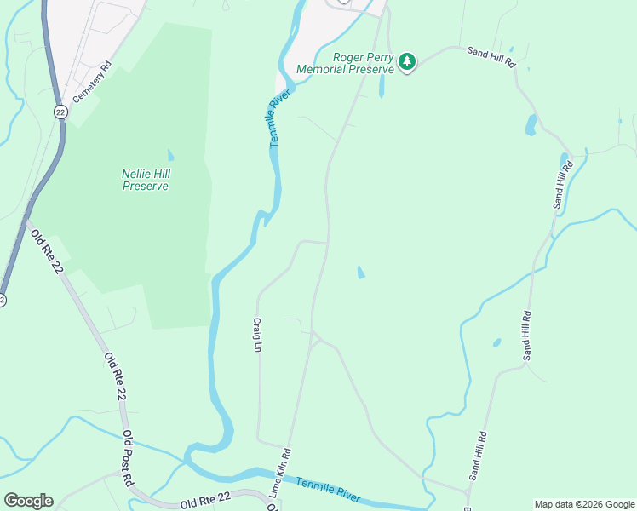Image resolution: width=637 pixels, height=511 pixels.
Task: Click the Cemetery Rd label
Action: coord(92,82)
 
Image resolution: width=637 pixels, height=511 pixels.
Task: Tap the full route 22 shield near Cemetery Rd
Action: coord(60,112)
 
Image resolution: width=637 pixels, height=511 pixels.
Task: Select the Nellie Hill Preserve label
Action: coord(145,180)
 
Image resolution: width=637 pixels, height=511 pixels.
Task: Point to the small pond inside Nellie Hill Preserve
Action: coord(170,156)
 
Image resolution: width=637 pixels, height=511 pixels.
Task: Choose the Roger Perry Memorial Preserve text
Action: coord(345,64)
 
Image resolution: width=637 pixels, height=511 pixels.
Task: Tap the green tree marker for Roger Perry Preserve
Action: coord(408,61)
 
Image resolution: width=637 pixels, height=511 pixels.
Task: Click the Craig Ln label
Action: coord(256,335)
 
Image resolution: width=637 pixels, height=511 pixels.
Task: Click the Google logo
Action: coord(28,501)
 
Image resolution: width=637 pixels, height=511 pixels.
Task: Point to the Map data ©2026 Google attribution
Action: coord(584,504)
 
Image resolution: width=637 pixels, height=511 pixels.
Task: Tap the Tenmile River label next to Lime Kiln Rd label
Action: coord(327,489)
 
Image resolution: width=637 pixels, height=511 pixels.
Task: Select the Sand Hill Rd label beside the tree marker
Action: coord(492,57)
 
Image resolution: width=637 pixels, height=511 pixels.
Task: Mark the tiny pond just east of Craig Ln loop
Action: coord(361,273)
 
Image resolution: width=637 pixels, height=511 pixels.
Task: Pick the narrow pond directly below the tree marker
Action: coord(381,86)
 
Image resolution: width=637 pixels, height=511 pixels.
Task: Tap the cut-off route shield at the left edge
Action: coord(3,300)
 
